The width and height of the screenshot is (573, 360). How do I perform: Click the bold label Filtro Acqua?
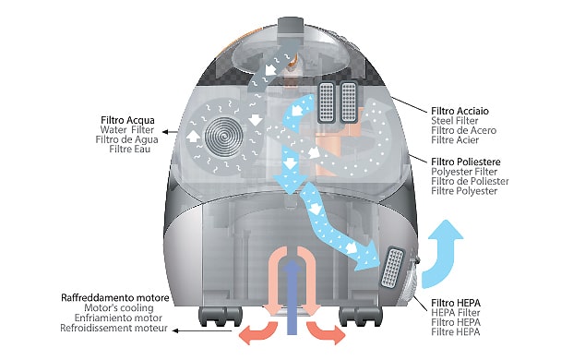point(127,120)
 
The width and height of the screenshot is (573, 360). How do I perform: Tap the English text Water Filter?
point(127,130)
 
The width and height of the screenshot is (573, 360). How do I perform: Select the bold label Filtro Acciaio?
point(460,111)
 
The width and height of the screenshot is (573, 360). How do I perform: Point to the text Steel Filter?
point(455,121)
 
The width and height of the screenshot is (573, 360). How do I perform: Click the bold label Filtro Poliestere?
point(466,162)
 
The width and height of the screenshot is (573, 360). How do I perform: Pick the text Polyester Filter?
point(464,172)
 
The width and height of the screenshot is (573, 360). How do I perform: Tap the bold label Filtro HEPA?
point(456,303)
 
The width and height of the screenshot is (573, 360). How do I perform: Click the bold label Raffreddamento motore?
point(114,298)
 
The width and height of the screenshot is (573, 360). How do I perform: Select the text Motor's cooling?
point(119,308)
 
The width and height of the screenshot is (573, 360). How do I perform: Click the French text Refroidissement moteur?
point(113,328)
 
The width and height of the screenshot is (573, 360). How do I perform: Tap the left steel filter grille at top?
point(327,102)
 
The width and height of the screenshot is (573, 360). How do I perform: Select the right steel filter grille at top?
point(348,102)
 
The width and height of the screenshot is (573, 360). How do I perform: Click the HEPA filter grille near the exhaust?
point(392,267)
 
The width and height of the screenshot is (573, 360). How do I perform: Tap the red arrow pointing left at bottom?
point(257,332)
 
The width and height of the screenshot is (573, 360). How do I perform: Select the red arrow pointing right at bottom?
point(326,332)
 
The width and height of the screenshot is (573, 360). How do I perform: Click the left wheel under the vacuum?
point(220,317)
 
